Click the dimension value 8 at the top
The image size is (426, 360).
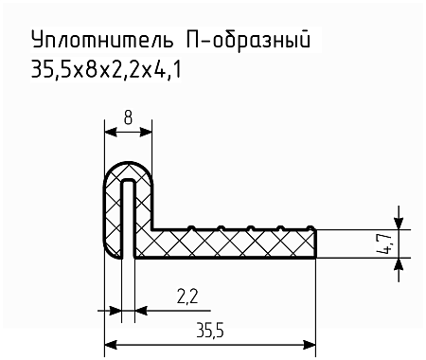tap(128, 119)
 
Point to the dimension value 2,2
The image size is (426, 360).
tap(186, 299)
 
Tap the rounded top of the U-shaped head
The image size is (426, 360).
tap(129, 167)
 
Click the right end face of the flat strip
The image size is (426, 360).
tap(315, 243)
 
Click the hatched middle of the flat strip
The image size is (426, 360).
tap(237, 243)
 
